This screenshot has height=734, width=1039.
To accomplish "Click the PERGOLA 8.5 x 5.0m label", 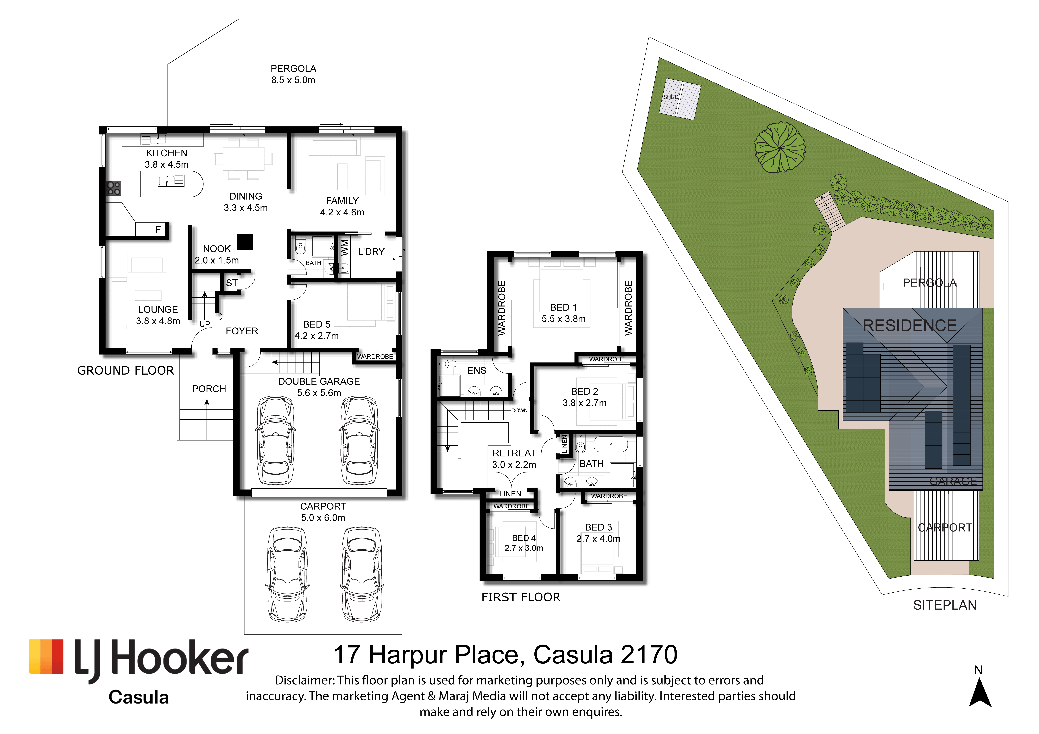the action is (293, 74).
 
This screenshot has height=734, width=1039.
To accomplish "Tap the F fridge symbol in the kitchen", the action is (158, 229).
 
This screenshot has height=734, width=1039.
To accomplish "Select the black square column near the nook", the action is (245, 242).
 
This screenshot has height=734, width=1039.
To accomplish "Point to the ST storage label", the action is (232, 283).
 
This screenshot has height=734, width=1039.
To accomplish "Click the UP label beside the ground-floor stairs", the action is (205, 324).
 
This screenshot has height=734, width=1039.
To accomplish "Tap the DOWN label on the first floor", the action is (519, 410).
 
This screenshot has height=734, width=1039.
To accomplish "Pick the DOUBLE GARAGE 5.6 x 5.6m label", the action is (319, 387).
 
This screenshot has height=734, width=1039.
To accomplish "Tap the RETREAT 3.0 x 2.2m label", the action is (514, 459).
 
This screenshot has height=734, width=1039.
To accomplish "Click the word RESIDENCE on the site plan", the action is (910, 325).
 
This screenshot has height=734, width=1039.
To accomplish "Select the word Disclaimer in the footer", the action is (304, 680).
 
